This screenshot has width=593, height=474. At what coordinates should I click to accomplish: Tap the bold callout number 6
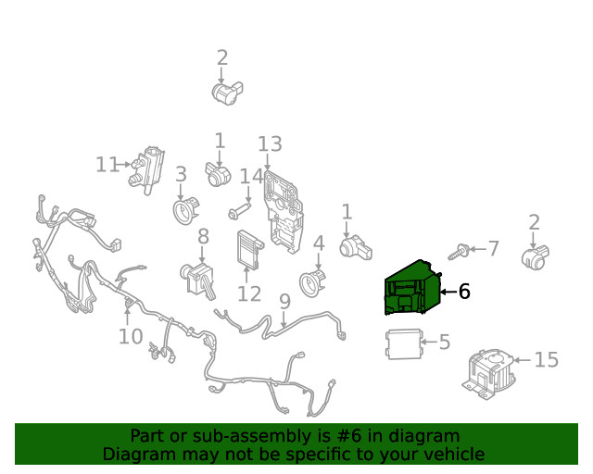464,292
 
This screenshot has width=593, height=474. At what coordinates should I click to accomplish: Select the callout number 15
546,359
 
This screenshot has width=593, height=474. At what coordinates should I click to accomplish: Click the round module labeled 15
490,373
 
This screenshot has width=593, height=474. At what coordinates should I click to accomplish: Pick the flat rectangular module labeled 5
404,344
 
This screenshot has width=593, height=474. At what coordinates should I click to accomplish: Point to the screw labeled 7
460,252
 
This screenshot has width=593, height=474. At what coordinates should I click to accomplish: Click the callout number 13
270,144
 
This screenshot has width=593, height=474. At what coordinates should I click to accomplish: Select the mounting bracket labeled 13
284,212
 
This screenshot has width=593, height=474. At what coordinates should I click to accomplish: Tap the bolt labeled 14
239,211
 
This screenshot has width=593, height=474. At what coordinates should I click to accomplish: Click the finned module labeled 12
249,249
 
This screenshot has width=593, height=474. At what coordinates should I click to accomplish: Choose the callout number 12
249,293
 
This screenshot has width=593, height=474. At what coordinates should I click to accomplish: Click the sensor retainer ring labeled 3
185,210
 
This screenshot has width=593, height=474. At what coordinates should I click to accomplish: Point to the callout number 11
107,165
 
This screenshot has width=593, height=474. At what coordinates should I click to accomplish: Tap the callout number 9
284,302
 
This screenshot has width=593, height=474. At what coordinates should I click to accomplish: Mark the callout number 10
131,336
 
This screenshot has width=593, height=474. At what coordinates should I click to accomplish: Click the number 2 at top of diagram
222,57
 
